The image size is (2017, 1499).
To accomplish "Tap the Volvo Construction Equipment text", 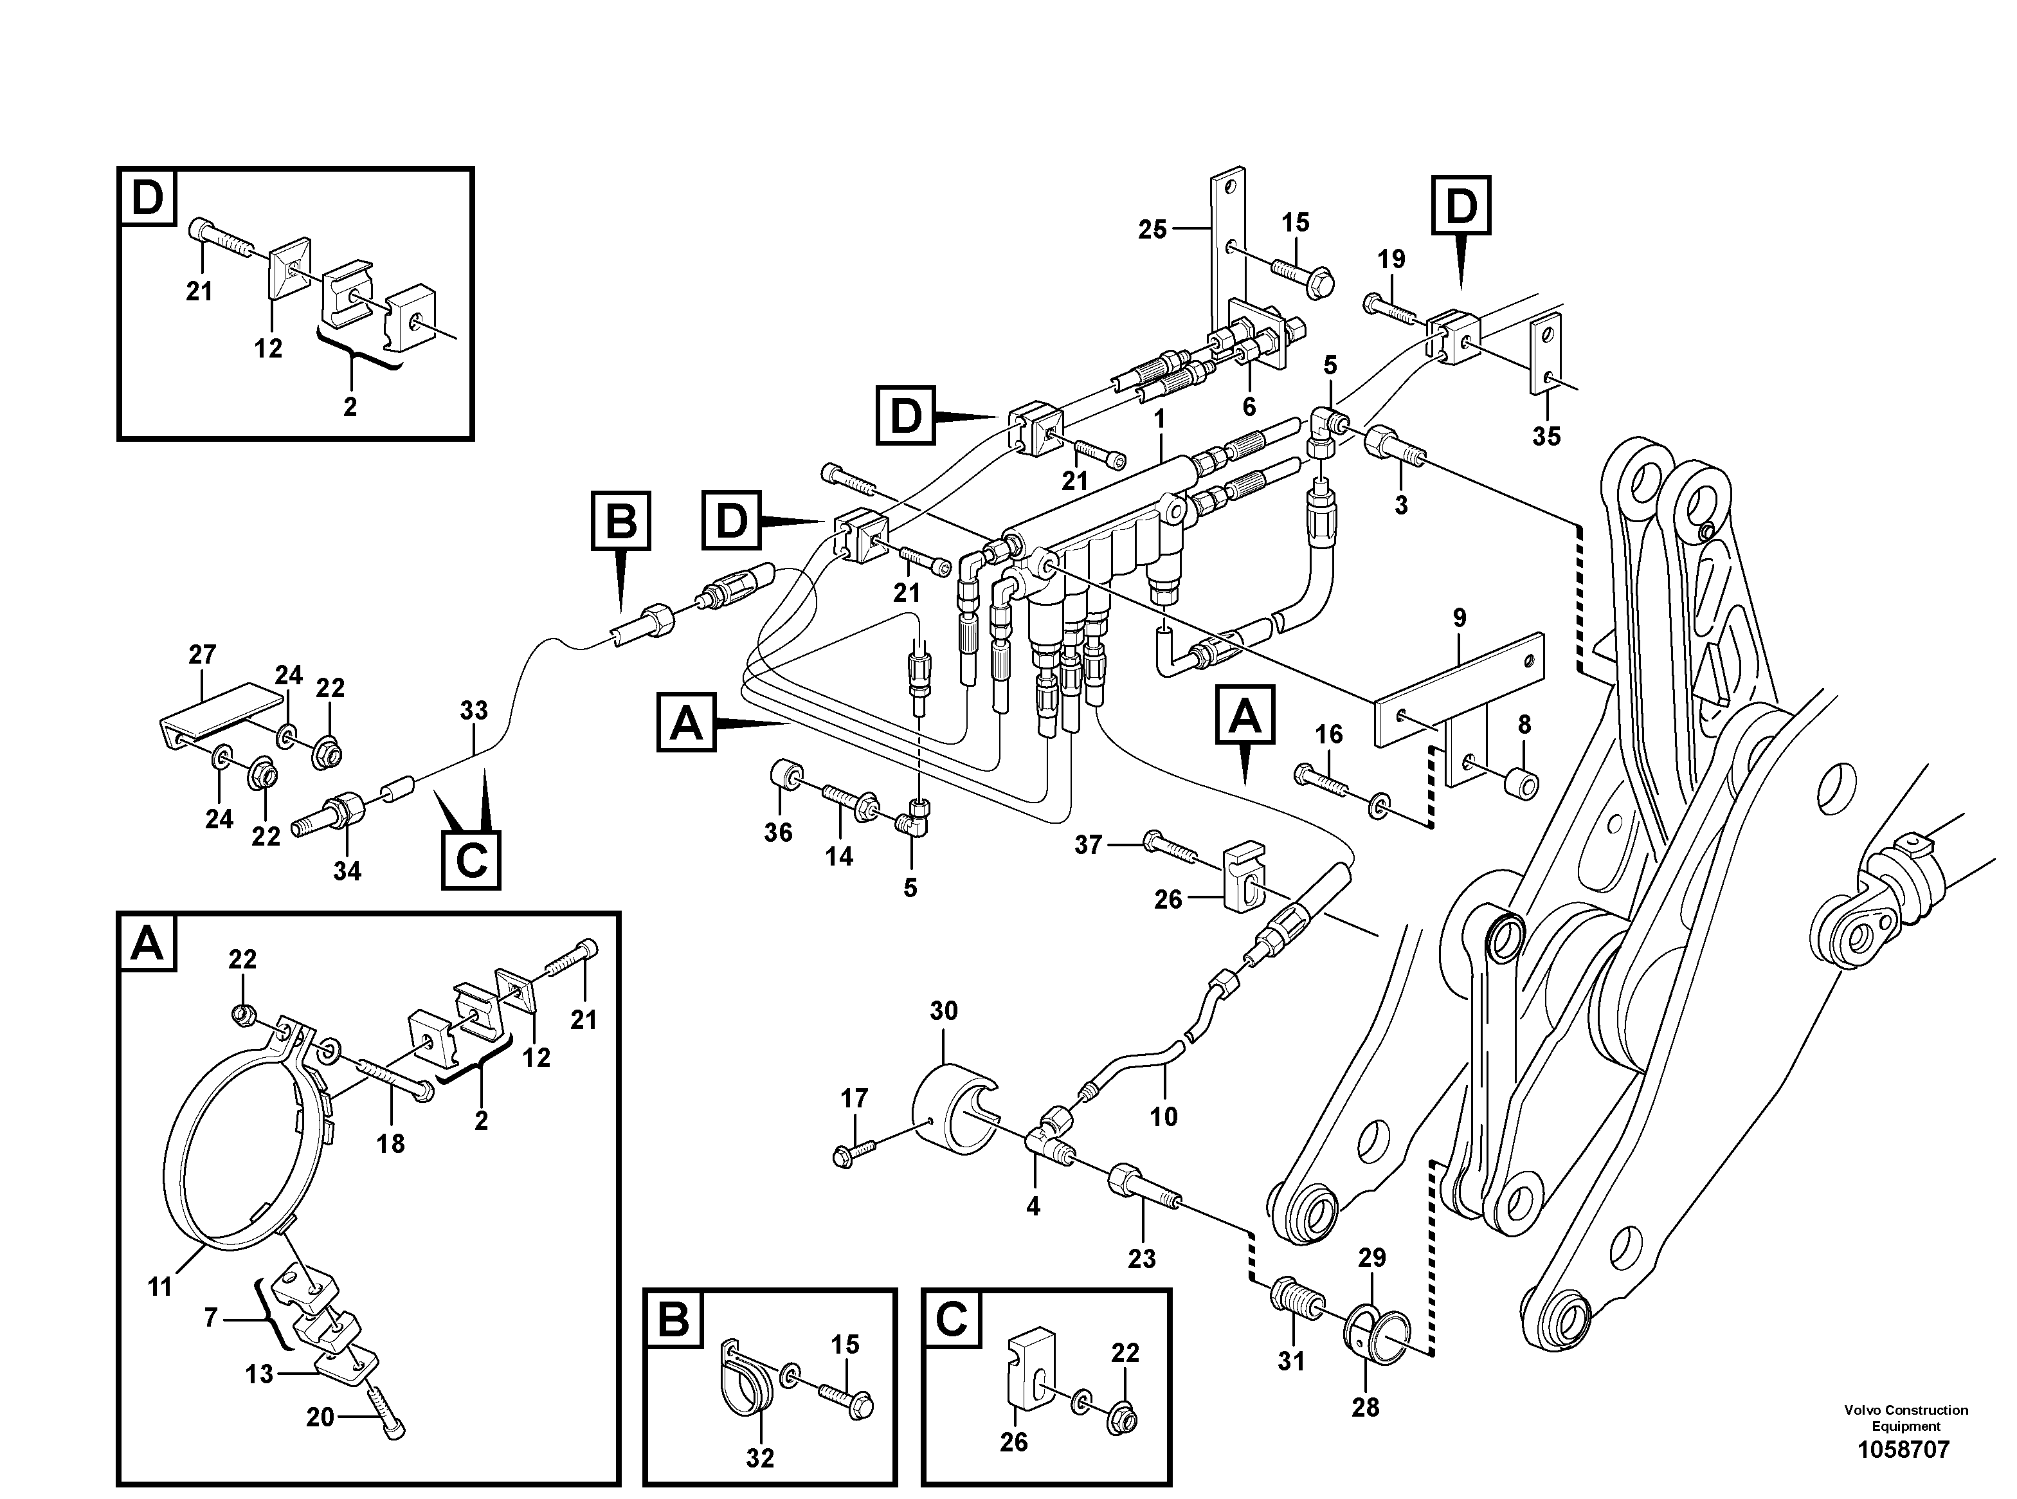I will click(1905, 1417).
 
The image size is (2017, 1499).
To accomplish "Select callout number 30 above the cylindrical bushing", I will click(944, 1011).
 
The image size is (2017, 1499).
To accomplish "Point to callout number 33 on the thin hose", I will click(474, 711).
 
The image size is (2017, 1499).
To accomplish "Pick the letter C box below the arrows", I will click(471, 859).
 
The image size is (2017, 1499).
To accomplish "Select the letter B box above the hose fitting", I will click(620, 521).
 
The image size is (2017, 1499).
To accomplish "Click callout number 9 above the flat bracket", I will click(1459, 619).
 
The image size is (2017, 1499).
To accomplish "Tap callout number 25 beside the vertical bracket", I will click(1152, 230).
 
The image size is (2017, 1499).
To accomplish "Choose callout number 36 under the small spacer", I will click(777, 832).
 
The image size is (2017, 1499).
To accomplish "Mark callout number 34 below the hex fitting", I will click(347, 871).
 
